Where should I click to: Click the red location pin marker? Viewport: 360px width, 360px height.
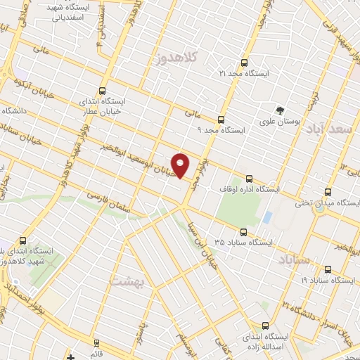coord(181,165)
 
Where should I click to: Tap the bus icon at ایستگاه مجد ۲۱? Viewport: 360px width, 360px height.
coord(244,63)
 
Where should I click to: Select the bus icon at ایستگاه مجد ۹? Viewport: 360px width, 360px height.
coord(221,120)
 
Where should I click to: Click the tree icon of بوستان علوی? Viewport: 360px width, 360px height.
coord(281,110)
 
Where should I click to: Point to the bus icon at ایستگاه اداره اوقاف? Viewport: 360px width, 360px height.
coord(249,179)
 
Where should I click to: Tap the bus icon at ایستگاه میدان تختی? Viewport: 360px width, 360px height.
coord(328,192)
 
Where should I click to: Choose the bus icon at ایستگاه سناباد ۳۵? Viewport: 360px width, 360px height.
coord(243,231)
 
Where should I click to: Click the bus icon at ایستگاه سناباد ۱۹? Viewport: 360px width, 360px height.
coord(328,269)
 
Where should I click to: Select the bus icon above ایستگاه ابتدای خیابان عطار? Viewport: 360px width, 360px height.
coord(103,91)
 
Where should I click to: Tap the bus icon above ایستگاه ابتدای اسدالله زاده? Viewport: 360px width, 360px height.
coord(264,325)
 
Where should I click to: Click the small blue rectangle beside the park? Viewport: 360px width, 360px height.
coord(266,217)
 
